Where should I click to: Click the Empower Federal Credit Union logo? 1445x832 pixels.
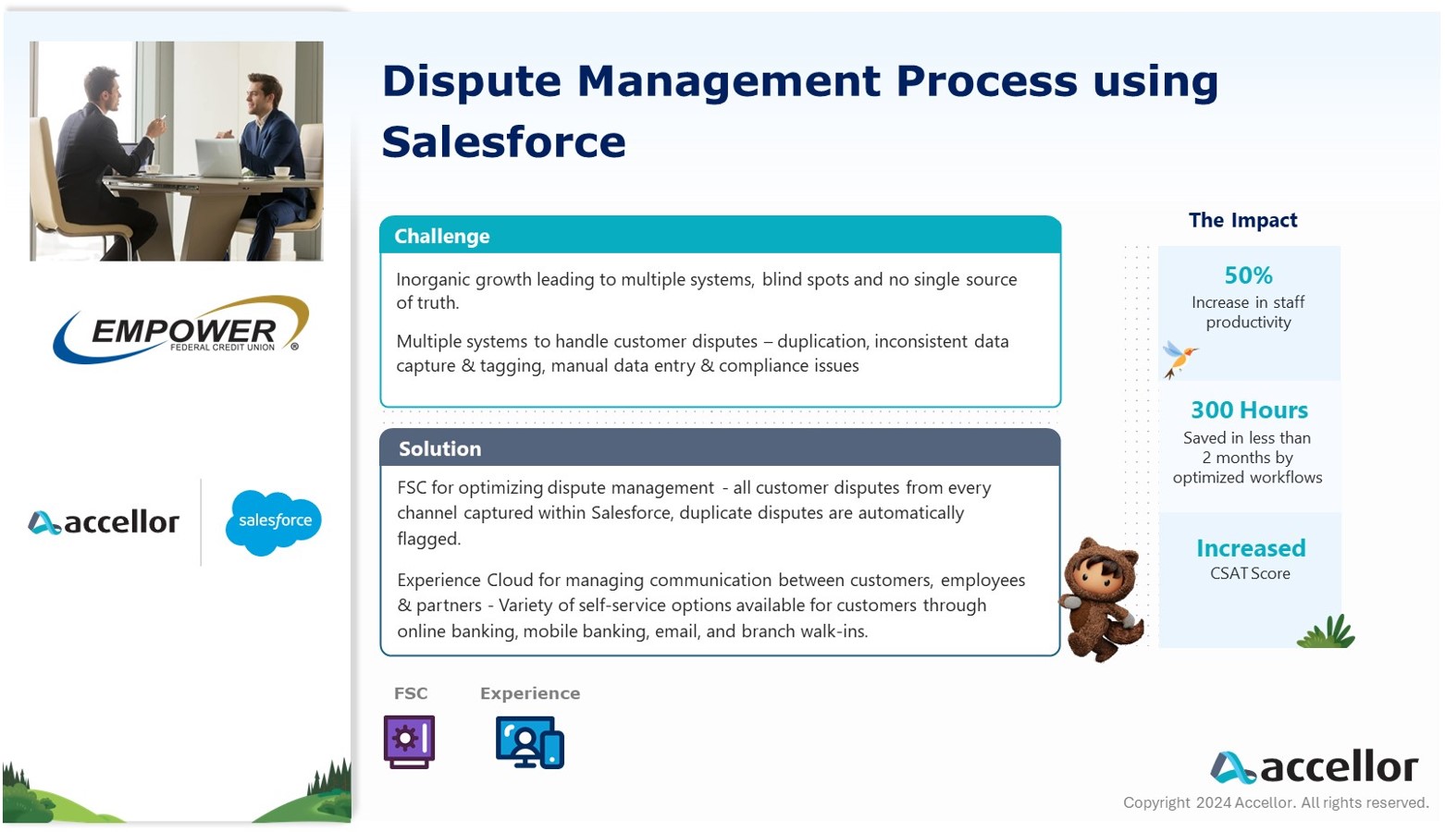click(180, 330)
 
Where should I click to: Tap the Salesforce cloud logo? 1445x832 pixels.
click(274, 522)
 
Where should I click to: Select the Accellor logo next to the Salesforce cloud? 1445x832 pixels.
click(104, 522)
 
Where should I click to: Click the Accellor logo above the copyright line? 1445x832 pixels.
click(1314, 767)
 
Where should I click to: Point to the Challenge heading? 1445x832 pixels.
click(442, 236)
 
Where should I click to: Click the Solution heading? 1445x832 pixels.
click(440, 448)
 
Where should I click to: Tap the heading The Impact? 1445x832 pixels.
click(1242, 220)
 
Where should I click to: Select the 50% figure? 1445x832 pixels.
click(1248, 275)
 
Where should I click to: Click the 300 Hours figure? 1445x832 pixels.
click(1249, 410)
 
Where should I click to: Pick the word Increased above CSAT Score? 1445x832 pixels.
click(1251, 548)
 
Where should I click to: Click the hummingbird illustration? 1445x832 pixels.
click(1179, 360)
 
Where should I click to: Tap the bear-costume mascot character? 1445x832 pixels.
click(1102, 599)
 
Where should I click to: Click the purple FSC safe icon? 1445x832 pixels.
click(409, 741)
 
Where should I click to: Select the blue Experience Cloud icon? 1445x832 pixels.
click(530, 741)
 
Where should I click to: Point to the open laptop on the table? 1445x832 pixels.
click(219, 158)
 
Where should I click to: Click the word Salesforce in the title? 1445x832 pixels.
click(504, 141)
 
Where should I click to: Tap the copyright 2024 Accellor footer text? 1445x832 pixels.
click(1276, 802)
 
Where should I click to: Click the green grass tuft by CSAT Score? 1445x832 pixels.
click(1327, 630)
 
